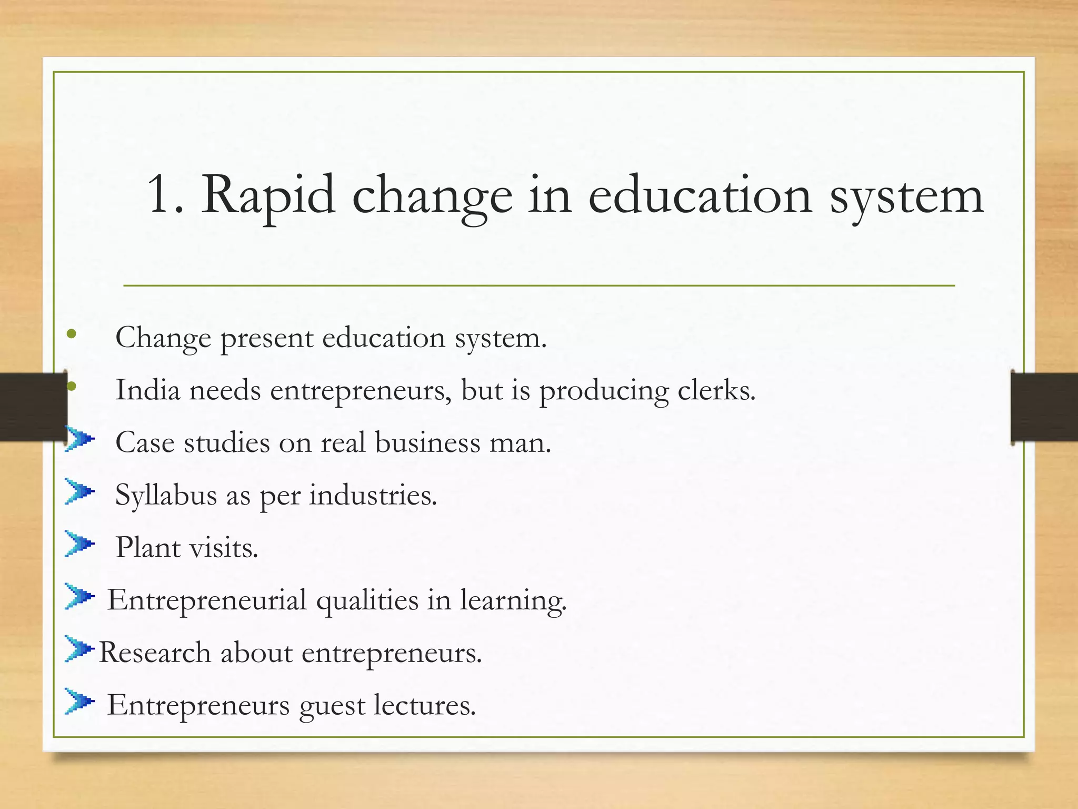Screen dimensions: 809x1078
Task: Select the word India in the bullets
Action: tap(147, 390)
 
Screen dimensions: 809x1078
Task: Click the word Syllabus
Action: tap(166, 496)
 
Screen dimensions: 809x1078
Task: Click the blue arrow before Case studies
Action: tap(79, 439)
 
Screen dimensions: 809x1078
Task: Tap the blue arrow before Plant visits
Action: tap(79, 544)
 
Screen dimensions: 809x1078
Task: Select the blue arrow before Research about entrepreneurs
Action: tap(79, 648)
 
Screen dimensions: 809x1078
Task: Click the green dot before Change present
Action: tap(72, 334)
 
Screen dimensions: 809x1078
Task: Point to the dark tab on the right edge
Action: tap(1044, 407)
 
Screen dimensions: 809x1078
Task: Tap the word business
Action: tap(427, 442)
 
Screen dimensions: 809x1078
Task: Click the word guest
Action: tap(332, 706)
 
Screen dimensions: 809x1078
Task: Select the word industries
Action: tap(373, 495)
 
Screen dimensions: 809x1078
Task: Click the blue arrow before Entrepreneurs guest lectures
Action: tap(79, 701)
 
